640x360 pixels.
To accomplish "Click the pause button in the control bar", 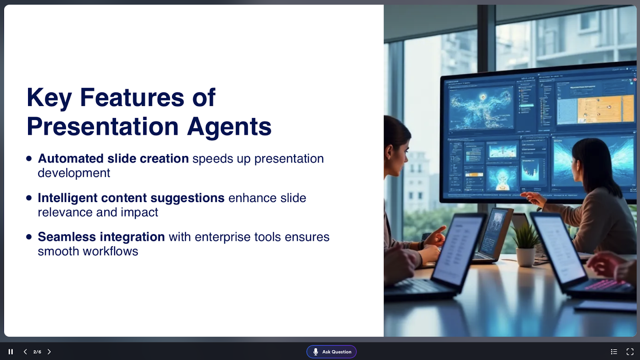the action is pyautogui.click(x=10, y=352).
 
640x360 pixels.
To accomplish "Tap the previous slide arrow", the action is pyautogui.click(x=25, y=352).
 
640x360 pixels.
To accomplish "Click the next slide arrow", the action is pyautogui.click(x=49, y=352).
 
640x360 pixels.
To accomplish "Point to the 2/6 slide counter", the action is pyautogui.click(x=37, y=352).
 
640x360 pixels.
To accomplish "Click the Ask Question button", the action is pyautogui.click(x=332, y=352).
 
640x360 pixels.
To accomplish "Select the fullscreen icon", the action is pyautogui.click(x=630, y=352).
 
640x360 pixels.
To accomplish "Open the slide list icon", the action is pyautogui.click(x=614, y=352).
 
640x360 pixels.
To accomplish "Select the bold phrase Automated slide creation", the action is pyautogui.click(x=113, y=158).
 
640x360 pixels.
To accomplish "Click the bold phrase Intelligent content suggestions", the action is pyautogui.click(x=131, y=198).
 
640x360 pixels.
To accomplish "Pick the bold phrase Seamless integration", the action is pyautogui.click(x=102, y=237).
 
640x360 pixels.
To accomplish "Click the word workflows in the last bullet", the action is pyautogui.click(x=110, y=252).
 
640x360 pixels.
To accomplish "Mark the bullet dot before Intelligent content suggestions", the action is pyautogui.click(x=29, y=198).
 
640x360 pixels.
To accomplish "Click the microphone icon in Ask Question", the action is pyautogui.click(x=316, y=352).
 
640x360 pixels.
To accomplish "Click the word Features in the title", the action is pyautogui.click(x=132, y=98).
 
